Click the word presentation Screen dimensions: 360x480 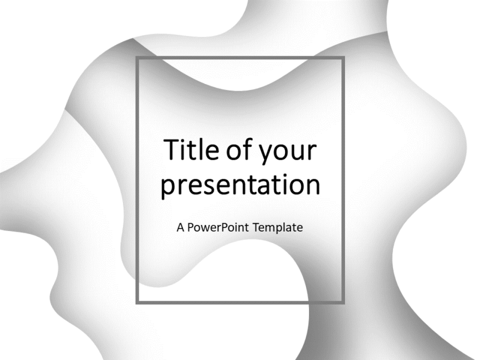240,186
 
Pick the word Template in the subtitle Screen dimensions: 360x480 277,228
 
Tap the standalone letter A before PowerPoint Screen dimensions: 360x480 181,228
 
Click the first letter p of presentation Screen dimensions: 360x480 169,188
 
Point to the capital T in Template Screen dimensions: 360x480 254,228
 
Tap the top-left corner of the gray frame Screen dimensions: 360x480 137,58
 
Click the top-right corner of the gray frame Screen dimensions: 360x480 343,58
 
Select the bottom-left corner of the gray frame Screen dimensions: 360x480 137,302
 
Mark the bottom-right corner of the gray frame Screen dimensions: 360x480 343,302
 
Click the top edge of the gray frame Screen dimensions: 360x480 240,58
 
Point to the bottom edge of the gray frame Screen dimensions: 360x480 240,302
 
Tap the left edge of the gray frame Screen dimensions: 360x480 137,180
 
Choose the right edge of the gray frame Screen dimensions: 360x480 343,180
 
